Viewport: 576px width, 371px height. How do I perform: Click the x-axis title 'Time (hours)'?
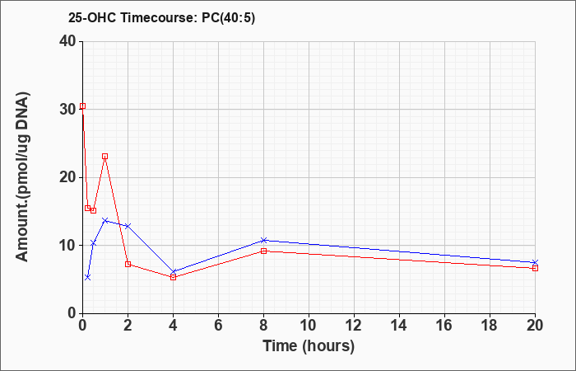[x=309, y=345]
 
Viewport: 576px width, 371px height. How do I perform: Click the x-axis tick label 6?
[x=218, y=325]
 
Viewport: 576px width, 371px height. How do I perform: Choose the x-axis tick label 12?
[x=354, y=325]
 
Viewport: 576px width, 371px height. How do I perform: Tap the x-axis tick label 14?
[x=399, y=325]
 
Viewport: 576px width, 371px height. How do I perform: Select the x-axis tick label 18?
[x=490, y=325]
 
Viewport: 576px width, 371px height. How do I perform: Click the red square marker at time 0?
[x=82, y=106]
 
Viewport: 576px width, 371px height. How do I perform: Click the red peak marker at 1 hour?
[x=105, y=156]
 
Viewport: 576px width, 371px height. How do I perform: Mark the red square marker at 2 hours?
[x=128, y=264]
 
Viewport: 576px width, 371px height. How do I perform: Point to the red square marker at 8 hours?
[x=263, y=251]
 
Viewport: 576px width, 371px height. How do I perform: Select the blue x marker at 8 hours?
[x=263, y=240]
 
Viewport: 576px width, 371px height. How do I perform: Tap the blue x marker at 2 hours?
[x=128, y=226]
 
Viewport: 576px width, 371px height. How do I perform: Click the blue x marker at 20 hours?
[x=535, y=262]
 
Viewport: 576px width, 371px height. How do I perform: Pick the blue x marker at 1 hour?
[x=105, y=220]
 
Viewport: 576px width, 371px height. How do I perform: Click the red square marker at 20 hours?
[x=535, y=268]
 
